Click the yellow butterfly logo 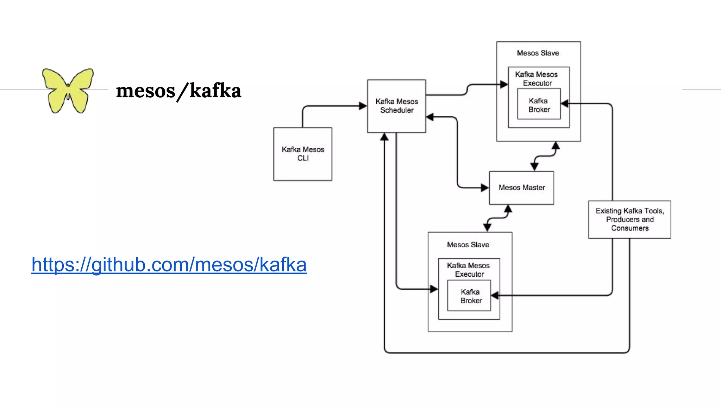68,91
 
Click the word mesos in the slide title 145,91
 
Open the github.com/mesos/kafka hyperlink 169,265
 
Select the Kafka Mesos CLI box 303,154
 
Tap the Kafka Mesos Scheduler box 396,106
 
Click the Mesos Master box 521,187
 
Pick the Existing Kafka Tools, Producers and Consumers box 629,219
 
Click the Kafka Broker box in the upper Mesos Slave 539,105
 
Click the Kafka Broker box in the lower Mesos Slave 471,296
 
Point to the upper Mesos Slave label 538,53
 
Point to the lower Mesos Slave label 468,245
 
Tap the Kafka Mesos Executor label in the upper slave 536,79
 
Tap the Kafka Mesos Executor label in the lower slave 468,270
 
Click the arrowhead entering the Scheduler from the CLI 363,106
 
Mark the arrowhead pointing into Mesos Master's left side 485,188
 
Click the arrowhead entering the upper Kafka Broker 565,104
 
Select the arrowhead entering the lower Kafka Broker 495,295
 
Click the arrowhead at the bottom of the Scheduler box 384,137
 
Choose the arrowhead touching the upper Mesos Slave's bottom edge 556,145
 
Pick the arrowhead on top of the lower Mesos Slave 487,228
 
